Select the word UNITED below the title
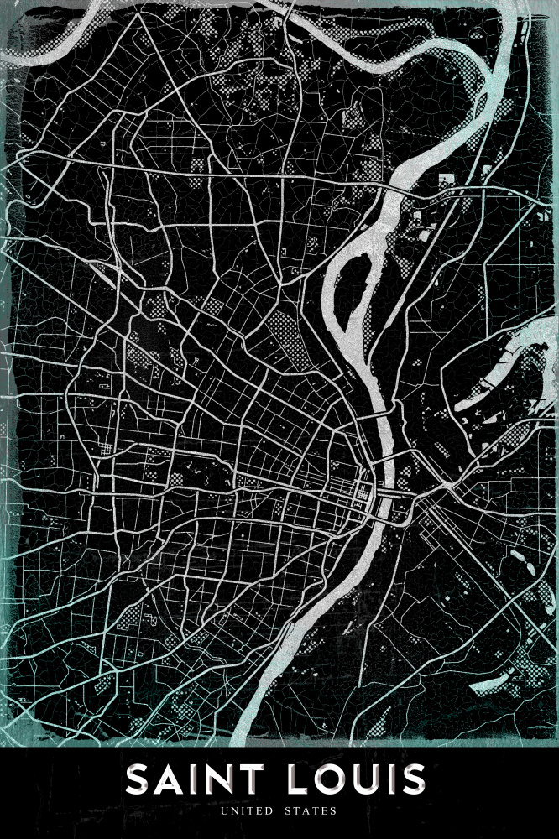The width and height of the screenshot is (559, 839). click(248, 811)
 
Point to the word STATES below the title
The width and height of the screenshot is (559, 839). click(310, 811)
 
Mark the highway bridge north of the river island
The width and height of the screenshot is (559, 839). click(403, 190)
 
